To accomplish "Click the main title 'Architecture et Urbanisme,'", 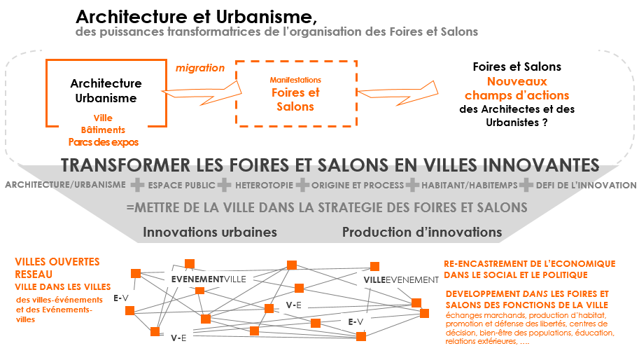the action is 196,17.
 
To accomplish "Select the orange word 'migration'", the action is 200,68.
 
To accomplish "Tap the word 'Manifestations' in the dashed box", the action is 295,80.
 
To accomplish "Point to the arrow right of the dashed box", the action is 398,93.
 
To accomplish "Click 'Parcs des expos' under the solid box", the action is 104,142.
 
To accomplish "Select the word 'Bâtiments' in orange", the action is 103,130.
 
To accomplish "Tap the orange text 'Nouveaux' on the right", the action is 517,81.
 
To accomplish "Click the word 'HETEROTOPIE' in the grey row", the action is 264,186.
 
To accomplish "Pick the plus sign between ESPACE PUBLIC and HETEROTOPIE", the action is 225,185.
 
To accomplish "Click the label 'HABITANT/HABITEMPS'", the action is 469,186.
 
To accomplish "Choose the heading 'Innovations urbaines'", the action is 210,232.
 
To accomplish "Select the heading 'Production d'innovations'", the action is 422,232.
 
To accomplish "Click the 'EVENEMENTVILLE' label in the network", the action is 209,279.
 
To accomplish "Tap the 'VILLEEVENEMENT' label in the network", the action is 401,280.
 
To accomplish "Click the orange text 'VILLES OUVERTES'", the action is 57,262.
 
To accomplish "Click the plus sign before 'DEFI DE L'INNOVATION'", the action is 526,185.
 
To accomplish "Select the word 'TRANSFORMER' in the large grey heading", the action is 125,165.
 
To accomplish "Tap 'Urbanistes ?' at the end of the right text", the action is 517,123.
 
